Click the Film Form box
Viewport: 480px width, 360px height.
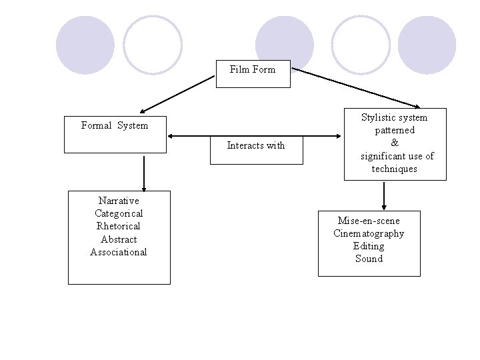point(253,73)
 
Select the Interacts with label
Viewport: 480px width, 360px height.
point(255,145)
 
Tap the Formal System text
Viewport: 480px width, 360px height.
point(115,125)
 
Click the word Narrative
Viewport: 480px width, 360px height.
point(119,201)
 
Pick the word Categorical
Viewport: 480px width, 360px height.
point(119,213)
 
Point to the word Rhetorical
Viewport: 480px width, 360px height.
point(119,226)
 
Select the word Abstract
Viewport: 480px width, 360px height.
point(119,239)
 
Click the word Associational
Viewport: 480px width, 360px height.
point(119,252)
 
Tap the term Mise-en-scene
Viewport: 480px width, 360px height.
point(369,221)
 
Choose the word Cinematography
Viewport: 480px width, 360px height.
point(369,233)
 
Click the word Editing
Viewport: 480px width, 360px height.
point(369,246)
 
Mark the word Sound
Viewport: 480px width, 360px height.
point(369,259)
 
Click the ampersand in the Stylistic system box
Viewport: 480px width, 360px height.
point(395,143)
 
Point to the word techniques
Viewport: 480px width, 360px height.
point(395,169)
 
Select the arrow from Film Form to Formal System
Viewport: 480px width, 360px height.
point(177,94)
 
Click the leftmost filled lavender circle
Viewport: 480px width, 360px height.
point(85,45)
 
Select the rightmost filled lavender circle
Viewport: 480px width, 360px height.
point(427,45)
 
